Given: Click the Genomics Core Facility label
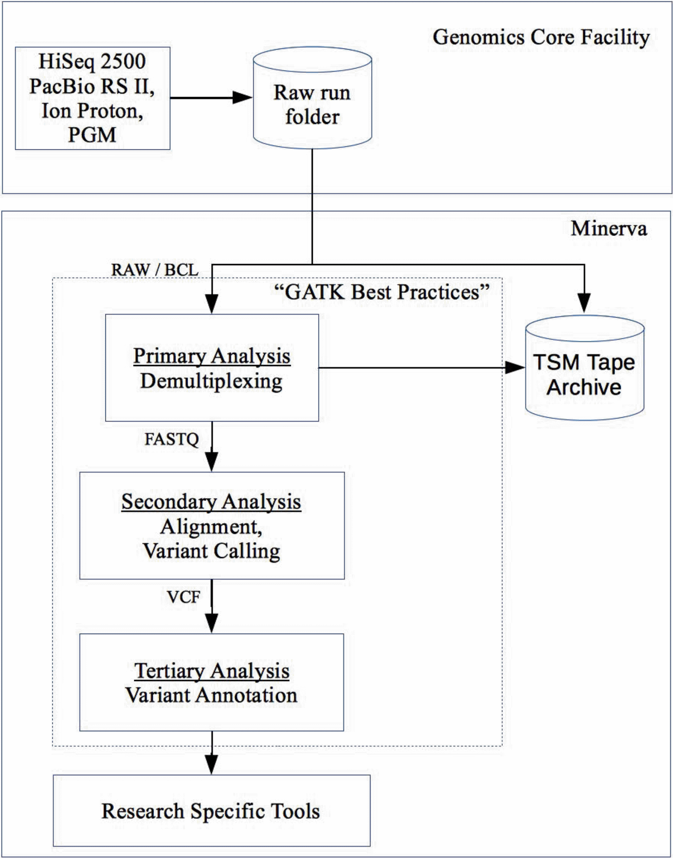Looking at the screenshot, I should tap(541, 38).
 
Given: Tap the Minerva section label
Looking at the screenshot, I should tap(608, 229).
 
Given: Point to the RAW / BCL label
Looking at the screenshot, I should tap(155, 270).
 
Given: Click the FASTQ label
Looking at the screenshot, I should tap(172, 439).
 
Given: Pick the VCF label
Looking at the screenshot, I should tap(183, 597).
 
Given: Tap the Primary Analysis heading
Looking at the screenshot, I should tap(212, 356).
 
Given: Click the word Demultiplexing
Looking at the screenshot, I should tap(212, 381).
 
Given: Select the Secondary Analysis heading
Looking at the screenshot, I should tap(211, 501).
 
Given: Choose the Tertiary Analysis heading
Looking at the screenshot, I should tap(212, 671).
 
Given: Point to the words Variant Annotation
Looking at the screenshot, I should tap(212, 695).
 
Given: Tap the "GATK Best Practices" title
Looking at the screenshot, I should tap(381, 292).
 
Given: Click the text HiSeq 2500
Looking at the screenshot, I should tap(92, 62).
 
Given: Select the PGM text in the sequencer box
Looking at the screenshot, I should tap(92, 135).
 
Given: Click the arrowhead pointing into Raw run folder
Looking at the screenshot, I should tap(241, 97).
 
